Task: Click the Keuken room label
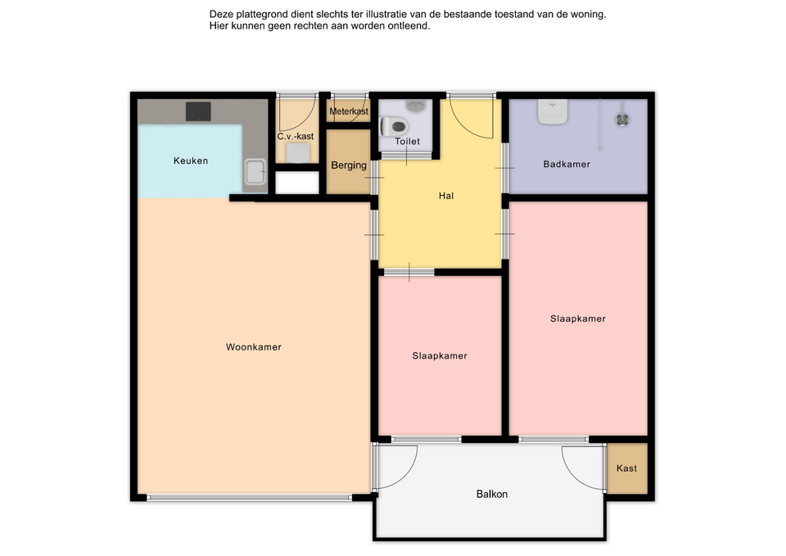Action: tap(191, 161)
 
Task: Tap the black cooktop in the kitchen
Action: tap(198, 111)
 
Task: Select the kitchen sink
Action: tap(255, 172)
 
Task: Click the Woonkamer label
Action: tap(254, 347)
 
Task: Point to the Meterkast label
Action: tap(349, 111)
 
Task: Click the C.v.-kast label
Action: tap(296, 137)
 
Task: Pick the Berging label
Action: tap(349, 165)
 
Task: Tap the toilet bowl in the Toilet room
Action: tap(394, 126)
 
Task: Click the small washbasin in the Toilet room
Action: tap(416, 106)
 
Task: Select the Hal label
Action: tap(446, 196)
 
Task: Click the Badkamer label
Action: tap(567, 164)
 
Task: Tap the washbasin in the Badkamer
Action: tap(553, 111)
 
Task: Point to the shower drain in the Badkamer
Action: tap(622, 120)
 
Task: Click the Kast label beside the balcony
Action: tap(626, 468)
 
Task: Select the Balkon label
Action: tap(492, 495)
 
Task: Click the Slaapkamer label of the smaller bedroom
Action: tap(440, 356)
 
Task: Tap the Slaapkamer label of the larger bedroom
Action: tap(578, 319)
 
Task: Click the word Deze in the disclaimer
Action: tap(221, 14)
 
